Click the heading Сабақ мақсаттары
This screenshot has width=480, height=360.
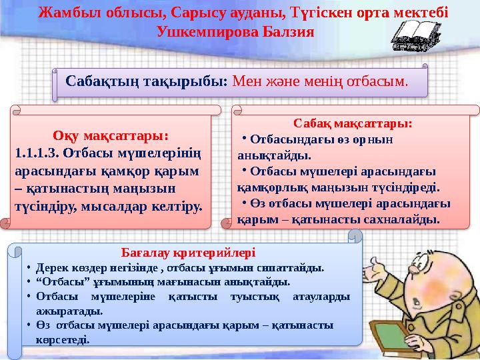[353, 123]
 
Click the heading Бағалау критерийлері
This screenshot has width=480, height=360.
[189, 253]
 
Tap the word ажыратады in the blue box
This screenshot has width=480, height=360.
[70, 310]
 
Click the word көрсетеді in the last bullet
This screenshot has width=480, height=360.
[63, 339]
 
